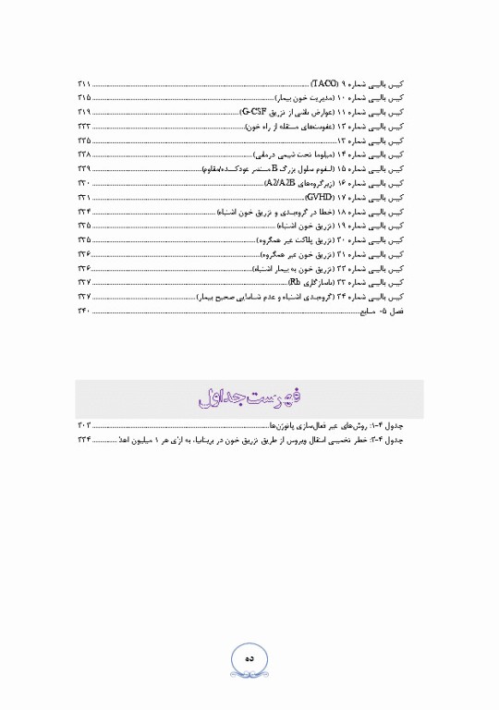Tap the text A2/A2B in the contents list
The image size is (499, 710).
coord(279,185)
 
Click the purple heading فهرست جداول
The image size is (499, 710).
coord(249,400)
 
